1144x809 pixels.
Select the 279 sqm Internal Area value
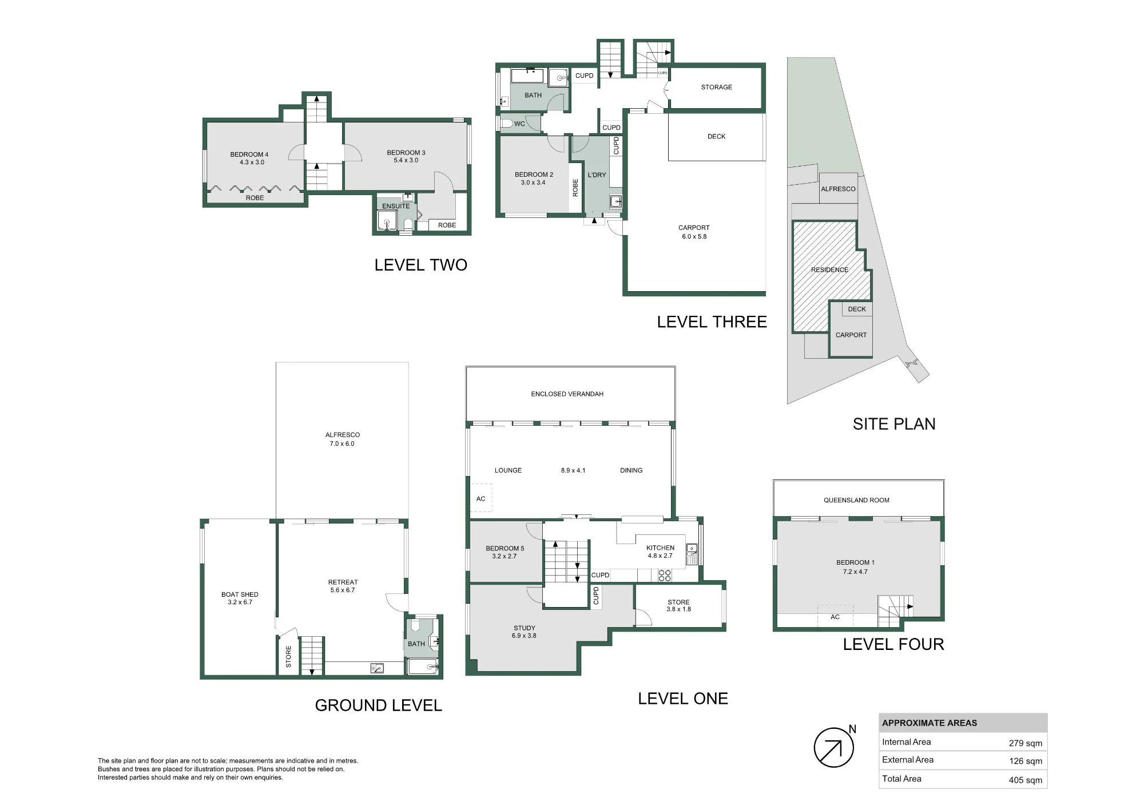coord(1025,743)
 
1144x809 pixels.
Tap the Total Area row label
coord(901,778)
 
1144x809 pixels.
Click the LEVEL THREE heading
coord(712,322)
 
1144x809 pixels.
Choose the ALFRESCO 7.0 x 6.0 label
coord(342,439)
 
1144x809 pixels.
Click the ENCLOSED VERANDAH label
coord(567,394)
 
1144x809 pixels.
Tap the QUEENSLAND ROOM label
coord(856,500)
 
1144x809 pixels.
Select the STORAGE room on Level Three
coord(716,87)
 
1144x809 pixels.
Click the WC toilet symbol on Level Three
coord(506,123)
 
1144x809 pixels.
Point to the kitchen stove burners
coord(665,575)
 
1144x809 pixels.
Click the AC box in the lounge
coord(481,498)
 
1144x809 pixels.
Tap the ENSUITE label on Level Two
coord(396,206)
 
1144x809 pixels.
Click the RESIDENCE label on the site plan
coord(829,269)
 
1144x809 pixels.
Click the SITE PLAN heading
coord(894,424)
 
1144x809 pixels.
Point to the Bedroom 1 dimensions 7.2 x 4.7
coord(855,572)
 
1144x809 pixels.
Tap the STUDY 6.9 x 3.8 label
coord(524,632)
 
